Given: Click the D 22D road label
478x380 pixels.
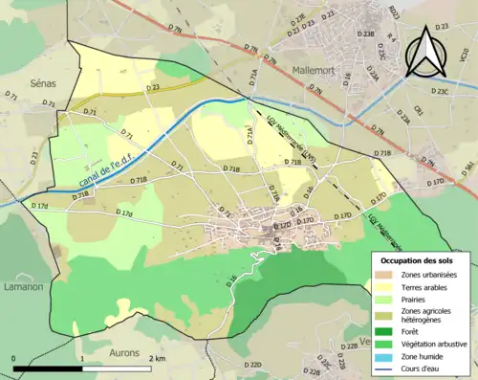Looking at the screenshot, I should coord(252,365).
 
